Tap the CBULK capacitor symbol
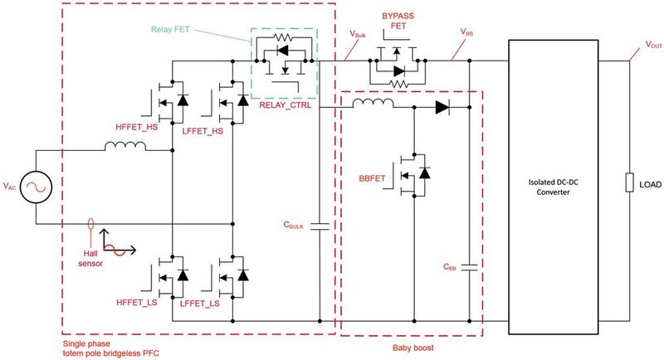pyautogui.click(x=320, y=225)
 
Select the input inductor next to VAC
pyautogui.click(x=124, y=148)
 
